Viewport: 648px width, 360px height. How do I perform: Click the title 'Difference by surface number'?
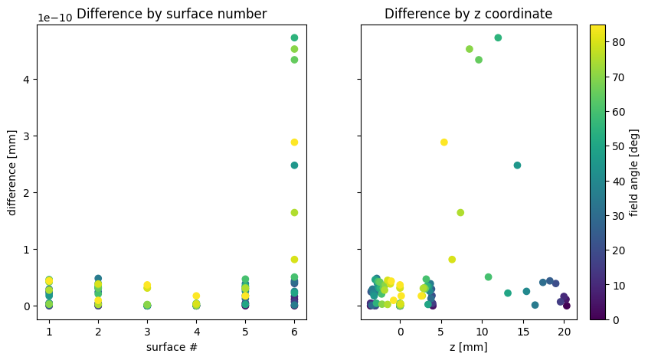[x=172, y=14]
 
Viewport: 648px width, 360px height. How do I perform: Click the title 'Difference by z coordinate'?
[x=468, y=14]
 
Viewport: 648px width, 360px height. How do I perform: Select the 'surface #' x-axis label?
[x=172, y=347]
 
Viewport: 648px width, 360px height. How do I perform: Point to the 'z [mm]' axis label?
[x=468, y=347]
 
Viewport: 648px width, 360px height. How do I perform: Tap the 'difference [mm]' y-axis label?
[x=11, y=172]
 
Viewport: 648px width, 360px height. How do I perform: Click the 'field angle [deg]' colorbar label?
[x=633, y=172]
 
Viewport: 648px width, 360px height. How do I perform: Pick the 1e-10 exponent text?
[x=55, y=18]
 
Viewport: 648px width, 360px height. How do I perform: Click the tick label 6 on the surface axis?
[x=294, y=332]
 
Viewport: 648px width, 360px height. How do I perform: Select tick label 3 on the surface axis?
[x=147, y=332]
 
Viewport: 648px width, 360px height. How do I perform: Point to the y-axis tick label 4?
[x=27, y=80]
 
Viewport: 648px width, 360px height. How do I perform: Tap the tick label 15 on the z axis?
[x=523, y=332]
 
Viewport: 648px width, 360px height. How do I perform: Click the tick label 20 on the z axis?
[x=564, y=332]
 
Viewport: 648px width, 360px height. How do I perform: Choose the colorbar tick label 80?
[x=618, y=42]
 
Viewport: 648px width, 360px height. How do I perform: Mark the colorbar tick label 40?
[x=618, y=182]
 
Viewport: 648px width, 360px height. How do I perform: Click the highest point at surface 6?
[x=294, y=38]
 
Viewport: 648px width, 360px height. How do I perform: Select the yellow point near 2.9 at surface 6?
[x=294, y=142]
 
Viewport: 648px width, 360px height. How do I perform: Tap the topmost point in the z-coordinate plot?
[x=498, y=38]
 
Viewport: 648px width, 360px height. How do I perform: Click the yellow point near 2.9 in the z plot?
[x=443, y=142]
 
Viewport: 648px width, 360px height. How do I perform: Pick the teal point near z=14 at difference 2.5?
[x=517, y=165]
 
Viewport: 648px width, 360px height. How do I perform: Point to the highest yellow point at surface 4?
[x=196, y=296]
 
